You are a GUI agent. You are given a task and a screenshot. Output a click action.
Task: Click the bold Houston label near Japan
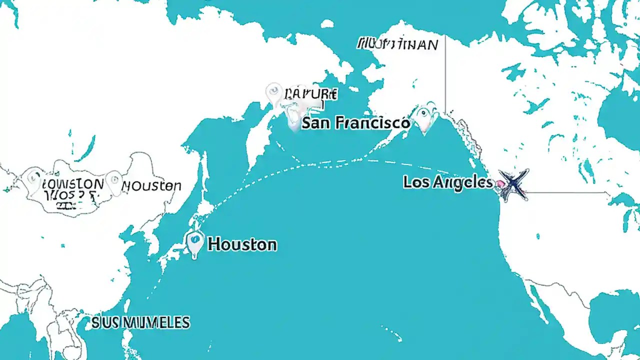[242, 244]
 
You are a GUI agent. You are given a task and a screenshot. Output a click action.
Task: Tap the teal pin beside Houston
[194, 242]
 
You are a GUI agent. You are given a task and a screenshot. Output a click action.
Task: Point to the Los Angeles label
[447, 182]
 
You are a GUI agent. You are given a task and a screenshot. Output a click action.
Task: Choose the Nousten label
[151, 186]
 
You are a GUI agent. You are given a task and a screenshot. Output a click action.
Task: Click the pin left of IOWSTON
[34, 178]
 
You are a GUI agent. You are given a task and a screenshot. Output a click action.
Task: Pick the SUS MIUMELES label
[140, 322]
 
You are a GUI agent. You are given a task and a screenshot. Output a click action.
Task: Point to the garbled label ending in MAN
[397, 44]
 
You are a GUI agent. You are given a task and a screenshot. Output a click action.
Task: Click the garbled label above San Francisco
[310, 93]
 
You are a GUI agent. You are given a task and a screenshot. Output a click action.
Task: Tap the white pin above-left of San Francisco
[273, 93]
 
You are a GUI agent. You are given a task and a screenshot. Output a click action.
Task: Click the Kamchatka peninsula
[260, 135]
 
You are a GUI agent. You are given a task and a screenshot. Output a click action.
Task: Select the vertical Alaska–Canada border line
[445, 75]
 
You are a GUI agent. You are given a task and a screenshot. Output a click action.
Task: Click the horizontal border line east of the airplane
[565, 192]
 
